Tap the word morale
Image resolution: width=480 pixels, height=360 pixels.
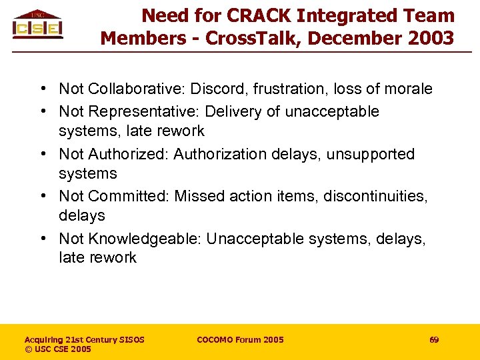pos(408,89)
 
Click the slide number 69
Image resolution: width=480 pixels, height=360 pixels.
pos(434,340)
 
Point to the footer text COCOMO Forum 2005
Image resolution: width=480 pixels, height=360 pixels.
pos(240,340)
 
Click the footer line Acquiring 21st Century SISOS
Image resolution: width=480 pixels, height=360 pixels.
pos(84,340)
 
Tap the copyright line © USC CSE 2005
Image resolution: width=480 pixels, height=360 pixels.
pos(58,349)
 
